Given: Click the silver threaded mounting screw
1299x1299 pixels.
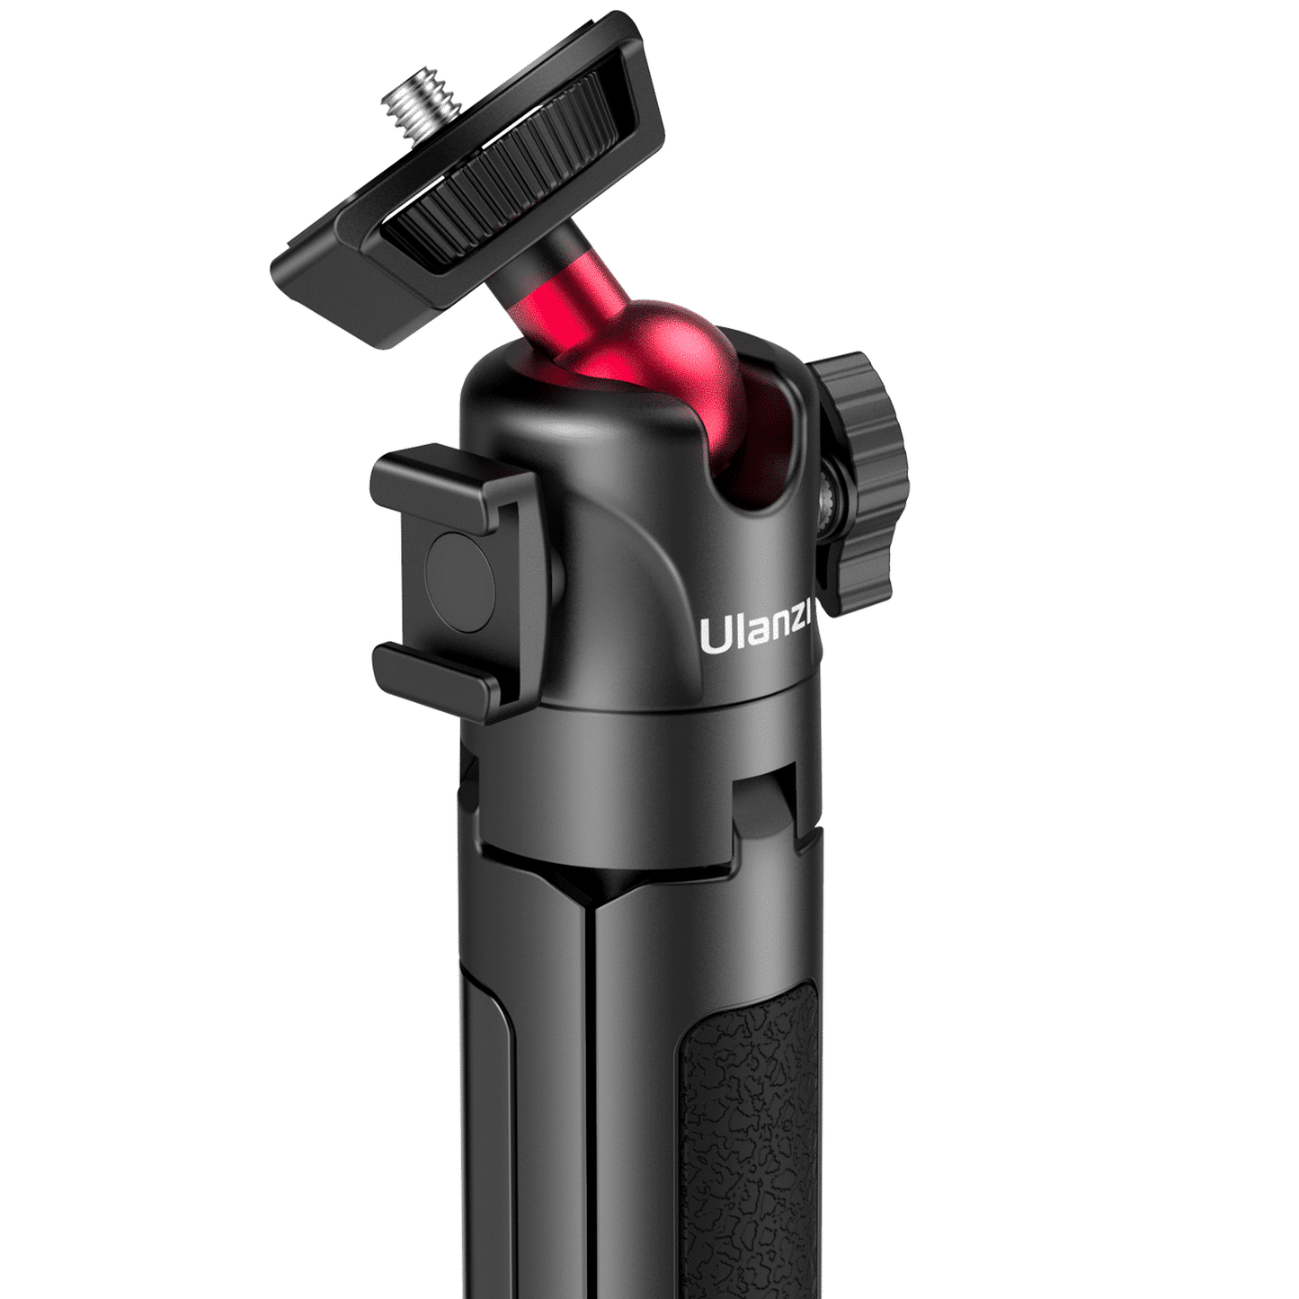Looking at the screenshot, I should [406, 112].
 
